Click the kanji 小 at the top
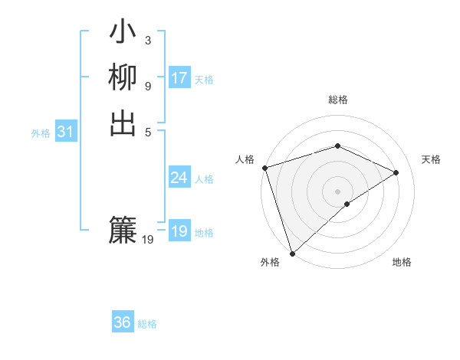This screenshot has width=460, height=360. pyautogui.click(x=123, y=34)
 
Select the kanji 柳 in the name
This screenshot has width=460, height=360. pyautogui.click(x=123, y=78)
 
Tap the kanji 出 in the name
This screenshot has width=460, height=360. pyautogui.click(x=123, y=123)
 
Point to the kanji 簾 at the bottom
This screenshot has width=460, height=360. pyautogui.click(x=123, y=230)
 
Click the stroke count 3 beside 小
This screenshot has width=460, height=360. pyautogui.click(x=148, y=40)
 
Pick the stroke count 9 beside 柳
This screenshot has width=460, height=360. pyautogui.click(x=148, y=85)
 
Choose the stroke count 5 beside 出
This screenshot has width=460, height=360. pyautogui.click(x=148, y=130)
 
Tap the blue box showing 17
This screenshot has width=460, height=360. pyautogui.click(x=179, y=78)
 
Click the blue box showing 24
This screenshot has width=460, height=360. pyautogui.click(x=179, y=178)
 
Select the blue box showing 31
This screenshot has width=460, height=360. pyautogui.click(x=66, y=132)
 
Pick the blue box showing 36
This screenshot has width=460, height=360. pyautogui.click(x=123, y=322)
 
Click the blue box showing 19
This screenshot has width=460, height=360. pyautogui.click(x=179, y=231)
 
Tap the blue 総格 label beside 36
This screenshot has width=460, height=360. pyautogui.click(x=147, y=324)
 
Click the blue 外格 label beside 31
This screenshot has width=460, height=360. pyautogui.click(x=41, y=133)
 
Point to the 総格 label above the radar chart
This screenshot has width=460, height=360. pyautogui.click(x=338, y=100)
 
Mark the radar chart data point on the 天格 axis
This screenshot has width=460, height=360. pyautogui.click(x=396, y=172)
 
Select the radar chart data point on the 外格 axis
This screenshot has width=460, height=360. pyautogui.click(x=293, y=253)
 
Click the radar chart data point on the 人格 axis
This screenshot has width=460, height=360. pyautogui.click(x=264, y=168)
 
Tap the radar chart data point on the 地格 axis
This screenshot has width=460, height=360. pyautogui.click(x=347, y=204)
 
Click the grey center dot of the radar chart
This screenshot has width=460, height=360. pyautogui.click(x=338, y=191)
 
